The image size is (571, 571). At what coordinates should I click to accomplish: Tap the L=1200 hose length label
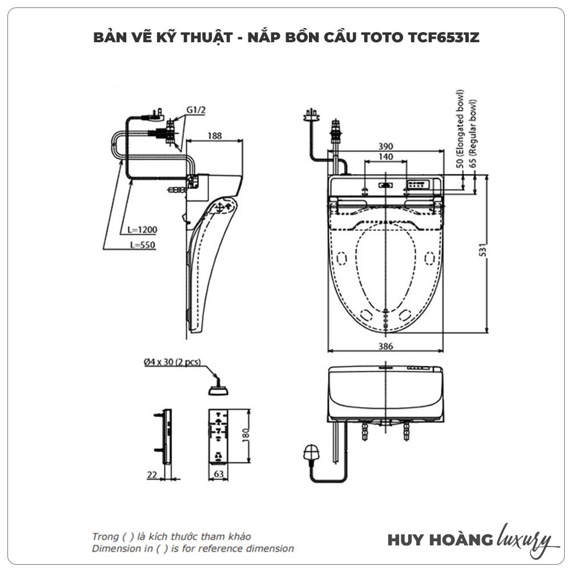pyautogui.click(x=143, y=230)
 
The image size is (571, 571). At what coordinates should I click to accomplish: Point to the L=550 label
pyautogui.click(x=142, y=245)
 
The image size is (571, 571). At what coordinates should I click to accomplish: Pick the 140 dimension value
pyautogui.click(x=387, y=156)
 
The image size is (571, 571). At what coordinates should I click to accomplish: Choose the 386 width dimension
pyautogui.click(x=387, y=346)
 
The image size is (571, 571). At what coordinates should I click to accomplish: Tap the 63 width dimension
pyautogui.click(x=219, y=473)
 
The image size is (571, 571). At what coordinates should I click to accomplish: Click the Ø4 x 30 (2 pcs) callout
pyautogui.click(x=172, y=362)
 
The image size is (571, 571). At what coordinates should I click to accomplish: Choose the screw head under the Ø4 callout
pyautogui.click(x=219, y=391)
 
